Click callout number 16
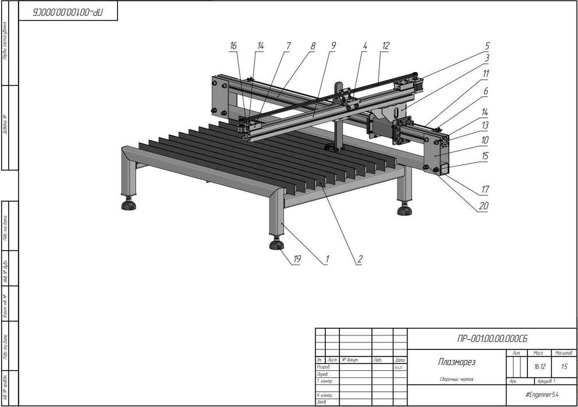(x=233, y=45)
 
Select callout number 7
(x=287, y=45)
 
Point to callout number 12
(x=385, y=45)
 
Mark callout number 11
(x=485, y=74)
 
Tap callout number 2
(x=360, y=260)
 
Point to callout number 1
(x=327, y=260)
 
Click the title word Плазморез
(x=456, y=362)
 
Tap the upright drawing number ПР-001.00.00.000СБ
(x=492, y=338)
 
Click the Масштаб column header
(x=563, y=353)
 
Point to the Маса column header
(x=538, y=353)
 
